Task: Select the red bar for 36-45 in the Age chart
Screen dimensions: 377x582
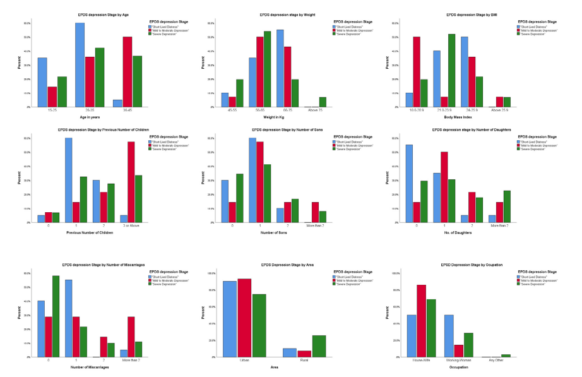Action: [x=128, y=72]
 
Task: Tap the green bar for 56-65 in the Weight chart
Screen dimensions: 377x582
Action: [x=267, y=69]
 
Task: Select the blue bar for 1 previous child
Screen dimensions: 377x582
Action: [x=68, y=180]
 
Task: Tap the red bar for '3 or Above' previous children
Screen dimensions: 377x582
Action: [x=131, y=182]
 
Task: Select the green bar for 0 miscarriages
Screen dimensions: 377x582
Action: [x=56, y=316]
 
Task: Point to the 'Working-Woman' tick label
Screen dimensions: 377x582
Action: [x=458, y=360]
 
